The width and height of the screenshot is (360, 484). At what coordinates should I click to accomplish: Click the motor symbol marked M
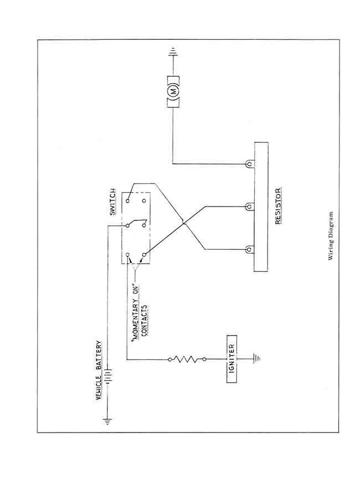pos(173,91)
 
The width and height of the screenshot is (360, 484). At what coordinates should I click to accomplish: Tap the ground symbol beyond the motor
pos(173,54)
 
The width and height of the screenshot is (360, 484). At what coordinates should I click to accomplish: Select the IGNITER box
pos(231,359)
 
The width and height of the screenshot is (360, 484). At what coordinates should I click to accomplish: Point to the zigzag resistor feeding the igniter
pos(187,359)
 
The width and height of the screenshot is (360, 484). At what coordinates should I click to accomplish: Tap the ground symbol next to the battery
pos(109,422)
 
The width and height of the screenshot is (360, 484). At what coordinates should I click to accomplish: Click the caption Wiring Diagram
pos(330,235)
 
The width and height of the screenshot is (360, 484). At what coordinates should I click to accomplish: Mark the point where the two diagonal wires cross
pos(183,223)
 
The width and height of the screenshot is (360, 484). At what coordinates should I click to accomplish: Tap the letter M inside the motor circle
pos(173,91)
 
